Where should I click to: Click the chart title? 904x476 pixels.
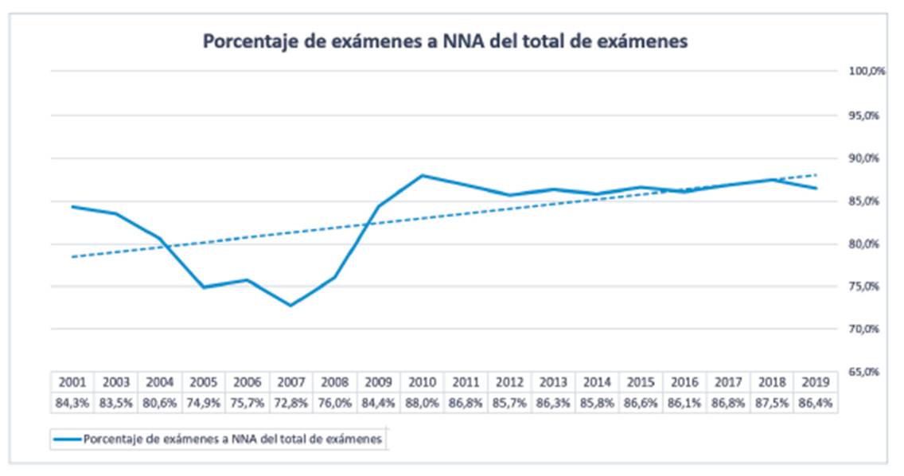445,42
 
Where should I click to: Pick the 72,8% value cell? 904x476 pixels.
291,403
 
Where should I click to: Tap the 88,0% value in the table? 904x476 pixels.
423,403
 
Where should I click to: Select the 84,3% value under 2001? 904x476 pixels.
73,403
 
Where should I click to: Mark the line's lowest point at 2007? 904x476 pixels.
291,305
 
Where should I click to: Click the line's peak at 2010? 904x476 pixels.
422,175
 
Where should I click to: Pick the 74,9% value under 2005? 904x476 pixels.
204,403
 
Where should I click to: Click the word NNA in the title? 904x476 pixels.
456,42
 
